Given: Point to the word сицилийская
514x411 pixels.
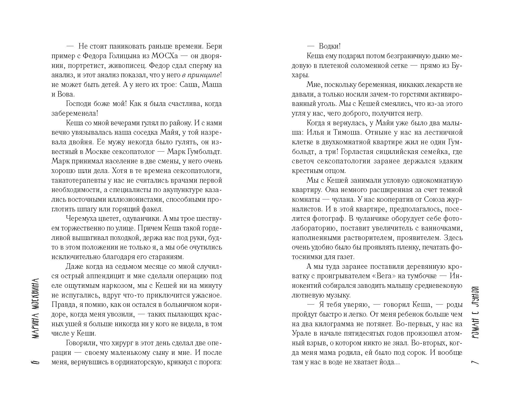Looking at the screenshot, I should [402, 152].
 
